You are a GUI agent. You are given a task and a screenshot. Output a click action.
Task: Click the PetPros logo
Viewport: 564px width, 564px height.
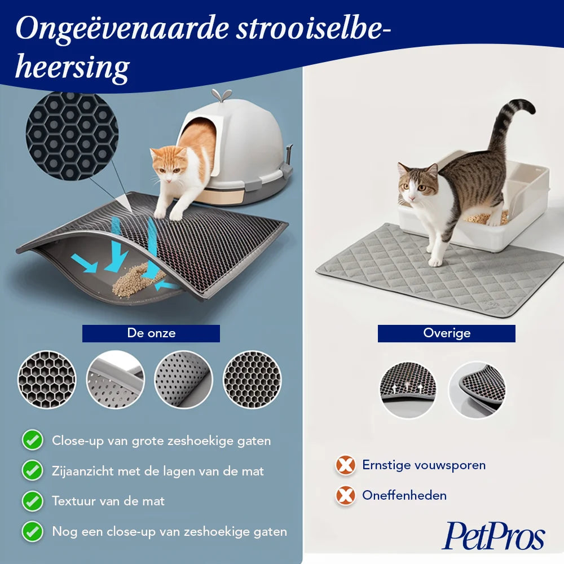click(x=493, y=536)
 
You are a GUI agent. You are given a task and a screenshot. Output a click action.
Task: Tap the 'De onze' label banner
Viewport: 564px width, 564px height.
click(x=151, y=333)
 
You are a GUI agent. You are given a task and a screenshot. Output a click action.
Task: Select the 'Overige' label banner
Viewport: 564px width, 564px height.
click(x=446, y=333)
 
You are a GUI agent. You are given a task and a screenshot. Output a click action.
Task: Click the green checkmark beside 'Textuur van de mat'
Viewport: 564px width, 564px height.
click(x=32, y=501)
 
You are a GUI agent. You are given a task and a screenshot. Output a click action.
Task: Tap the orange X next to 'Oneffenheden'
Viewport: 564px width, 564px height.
click(x=345, y=495)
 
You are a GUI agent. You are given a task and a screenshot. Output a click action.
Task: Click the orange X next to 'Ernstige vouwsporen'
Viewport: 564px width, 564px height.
click(x=345, y=465)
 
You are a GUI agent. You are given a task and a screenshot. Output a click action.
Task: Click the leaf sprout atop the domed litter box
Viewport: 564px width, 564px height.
click(x=221, y=95)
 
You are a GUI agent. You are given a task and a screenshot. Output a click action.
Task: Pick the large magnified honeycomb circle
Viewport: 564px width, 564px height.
click(x=72, y=136)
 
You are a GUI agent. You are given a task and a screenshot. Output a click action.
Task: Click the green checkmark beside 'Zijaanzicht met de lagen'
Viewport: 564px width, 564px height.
click(x=32, y=470)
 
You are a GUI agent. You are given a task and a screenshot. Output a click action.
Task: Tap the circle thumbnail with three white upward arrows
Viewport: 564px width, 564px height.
click(x=408, y=390)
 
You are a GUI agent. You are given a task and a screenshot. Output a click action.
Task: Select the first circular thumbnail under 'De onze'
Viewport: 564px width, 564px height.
click(x=47, y=380)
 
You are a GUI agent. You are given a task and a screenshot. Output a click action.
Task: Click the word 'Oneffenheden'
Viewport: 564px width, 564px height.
click(x=404, y=495)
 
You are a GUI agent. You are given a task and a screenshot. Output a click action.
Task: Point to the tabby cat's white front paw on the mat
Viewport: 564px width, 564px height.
click(x=435, y=262)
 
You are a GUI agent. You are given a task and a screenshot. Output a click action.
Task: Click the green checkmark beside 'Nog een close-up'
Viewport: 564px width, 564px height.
click(x=32, y=531)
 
